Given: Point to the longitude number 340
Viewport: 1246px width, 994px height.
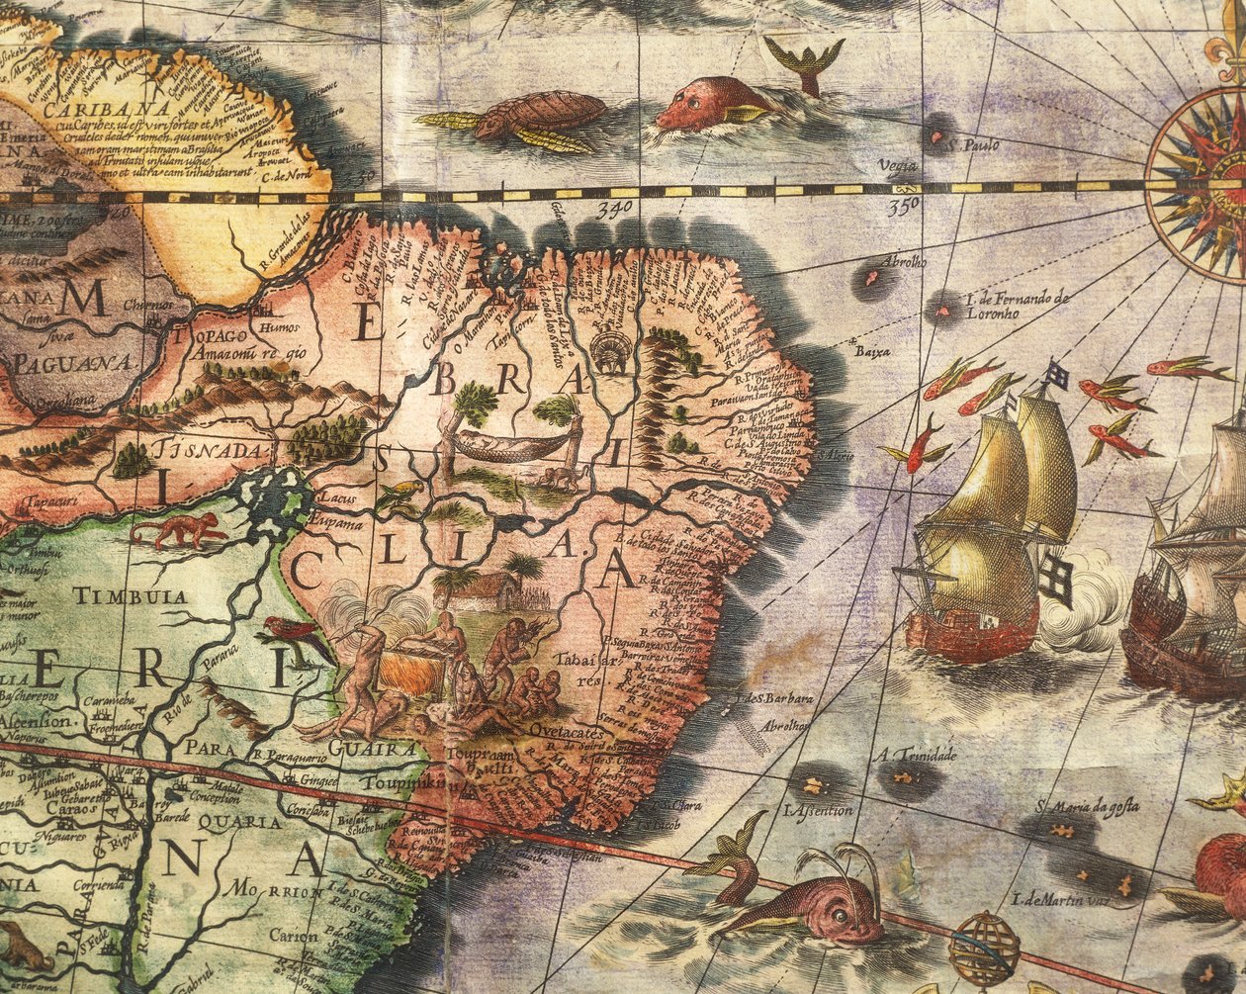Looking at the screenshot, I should click(613, 209).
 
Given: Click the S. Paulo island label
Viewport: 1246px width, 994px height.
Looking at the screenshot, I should click(973, 146).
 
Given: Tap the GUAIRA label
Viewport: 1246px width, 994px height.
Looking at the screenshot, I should click(374, 749).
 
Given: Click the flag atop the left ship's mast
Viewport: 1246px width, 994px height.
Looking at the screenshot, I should click(1057, 375).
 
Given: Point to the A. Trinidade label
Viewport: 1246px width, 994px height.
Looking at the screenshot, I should click(914, 757).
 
